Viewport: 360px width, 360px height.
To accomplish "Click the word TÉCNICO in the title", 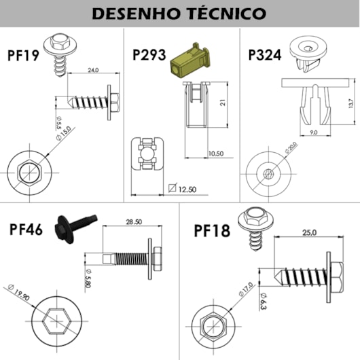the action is coord(226,13).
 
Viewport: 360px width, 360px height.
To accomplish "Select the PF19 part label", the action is coord(23,55).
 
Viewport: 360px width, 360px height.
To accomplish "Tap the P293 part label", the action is coord(149,54).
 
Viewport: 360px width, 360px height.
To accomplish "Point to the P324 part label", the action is coord(265,54).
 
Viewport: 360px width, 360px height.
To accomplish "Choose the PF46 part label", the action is coord(26,230).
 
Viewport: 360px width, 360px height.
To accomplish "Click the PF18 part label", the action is coord(212,231).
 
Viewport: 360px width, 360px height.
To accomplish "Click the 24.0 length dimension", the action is coord(93,70).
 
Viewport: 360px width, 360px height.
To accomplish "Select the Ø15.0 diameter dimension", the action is coord(64,133).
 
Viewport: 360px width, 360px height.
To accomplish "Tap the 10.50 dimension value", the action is coord(216,154).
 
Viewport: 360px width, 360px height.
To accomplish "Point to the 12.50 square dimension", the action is coord(183,189).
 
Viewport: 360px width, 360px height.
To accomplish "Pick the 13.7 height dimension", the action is coord(350,103).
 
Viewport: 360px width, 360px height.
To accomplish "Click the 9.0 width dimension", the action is coord(314,132).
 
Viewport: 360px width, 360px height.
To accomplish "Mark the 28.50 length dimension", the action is coord(134,222).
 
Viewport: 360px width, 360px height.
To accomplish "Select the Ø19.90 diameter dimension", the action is coord(19,292).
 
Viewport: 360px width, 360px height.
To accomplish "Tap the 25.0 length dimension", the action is coord(309,233).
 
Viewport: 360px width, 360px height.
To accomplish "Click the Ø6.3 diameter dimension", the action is coord(264,301).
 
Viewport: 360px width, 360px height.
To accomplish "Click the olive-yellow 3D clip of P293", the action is coord(190,60).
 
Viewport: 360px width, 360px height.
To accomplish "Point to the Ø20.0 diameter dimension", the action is coord(291,147).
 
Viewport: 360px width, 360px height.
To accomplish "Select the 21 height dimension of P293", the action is coord(223,103).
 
